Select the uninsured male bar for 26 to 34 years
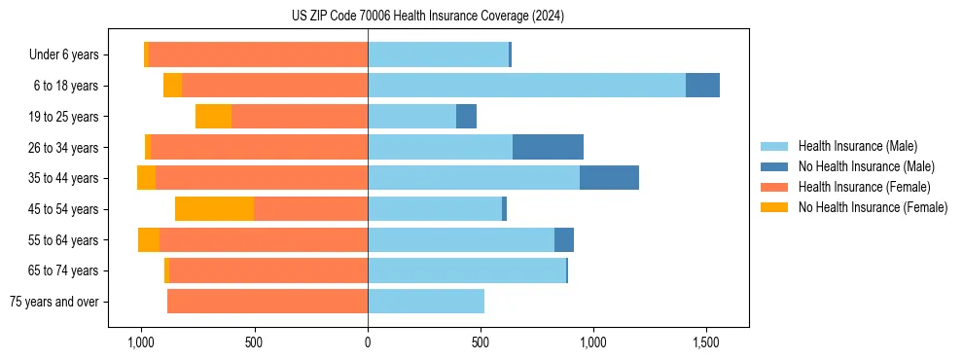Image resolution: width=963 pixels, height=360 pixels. click(548, 147)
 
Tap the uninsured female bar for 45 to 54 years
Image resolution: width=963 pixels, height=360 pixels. click(214, 208)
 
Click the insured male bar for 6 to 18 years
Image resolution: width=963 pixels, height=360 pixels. click(526, 86)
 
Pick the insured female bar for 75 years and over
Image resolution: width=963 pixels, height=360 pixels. click(267, 302)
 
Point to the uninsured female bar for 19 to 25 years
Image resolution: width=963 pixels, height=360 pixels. click(213, 117)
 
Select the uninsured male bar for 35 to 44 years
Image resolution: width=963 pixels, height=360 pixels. click(609, 178)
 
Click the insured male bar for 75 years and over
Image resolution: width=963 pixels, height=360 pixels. click(426, 302)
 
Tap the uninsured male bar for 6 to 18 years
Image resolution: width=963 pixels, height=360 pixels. click(702, 86)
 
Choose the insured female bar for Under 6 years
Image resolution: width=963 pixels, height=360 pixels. click(258, 54)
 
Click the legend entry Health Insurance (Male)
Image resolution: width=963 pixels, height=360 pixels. click(857, 146)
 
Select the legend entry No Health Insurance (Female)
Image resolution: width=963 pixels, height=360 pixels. click(873, 207)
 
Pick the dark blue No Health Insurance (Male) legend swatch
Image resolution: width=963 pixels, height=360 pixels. click(774, 166)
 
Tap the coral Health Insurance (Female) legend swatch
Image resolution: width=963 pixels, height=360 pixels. click(774, 187)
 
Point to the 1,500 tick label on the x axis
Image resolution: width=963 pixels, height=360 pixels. click(705, 342)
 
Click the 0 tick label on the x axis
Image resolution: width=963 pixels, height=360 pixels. click(368, 342)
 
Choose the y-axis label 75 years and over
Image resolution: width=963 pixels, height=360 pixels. click(54, 302)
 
